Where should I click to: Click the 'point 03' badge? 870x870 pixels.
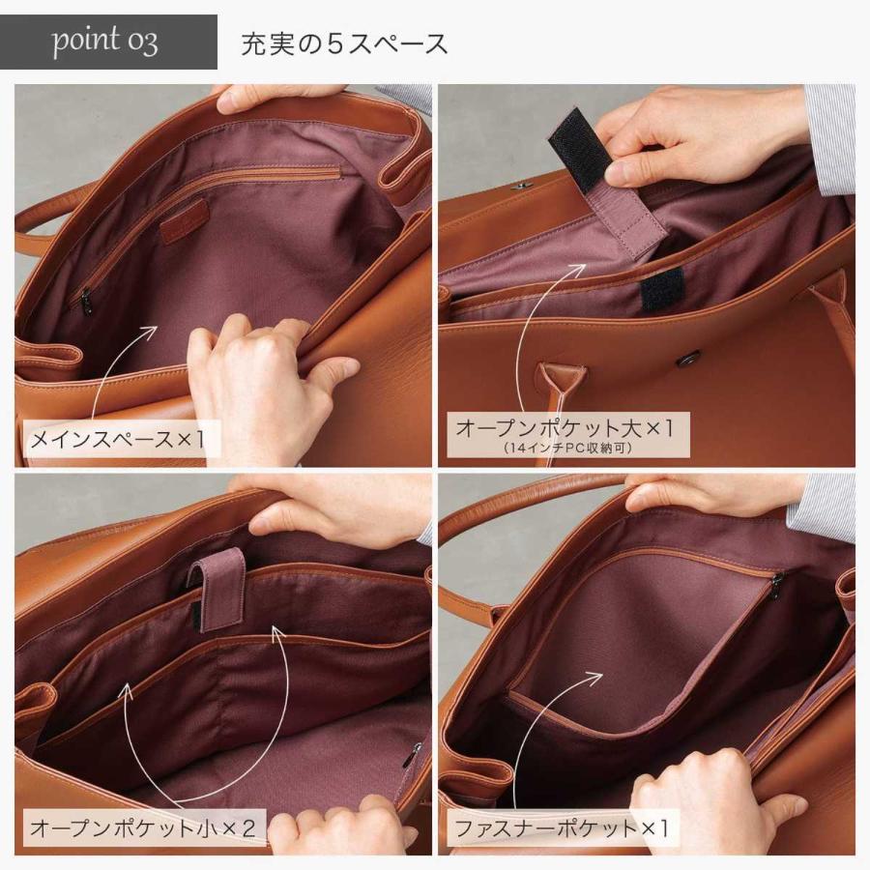click(106, 43)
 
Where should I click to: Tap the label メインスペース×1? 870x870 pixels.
click(119, 440)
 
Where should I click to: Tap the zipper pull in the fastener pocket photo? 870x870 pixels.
click(776, 584)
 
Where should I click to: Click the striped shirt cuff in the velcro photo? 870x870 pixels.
click(828, 135)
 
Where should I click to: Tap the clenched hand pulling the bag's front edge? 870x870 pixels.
click(251, 377)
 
